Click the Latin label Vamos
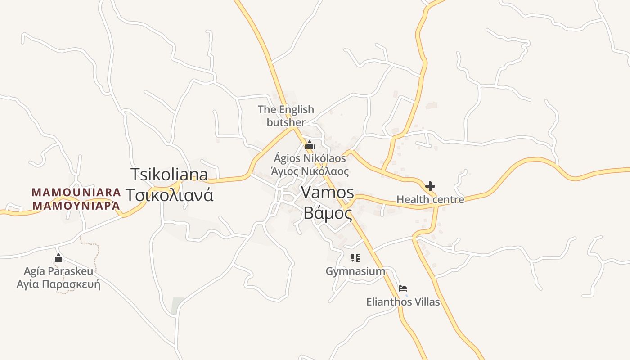327,192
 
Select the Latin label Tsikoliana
169,174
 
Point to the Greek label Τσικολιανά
169,195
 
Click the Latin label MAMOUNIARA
76,193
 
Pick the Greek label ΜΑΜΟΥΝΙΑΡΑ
76,206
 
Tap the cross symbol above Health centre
430,186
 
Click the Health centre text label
430,199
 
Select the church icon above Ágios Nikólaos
310,145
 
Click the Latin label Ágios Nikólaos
310,158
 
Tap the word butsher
286,122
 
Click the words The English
286,109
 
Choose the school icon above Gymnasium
355,258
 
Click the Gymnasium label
355,271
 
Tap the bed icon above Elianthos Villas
403,288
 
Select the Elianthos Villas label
403,301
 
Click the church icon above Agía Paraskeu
58,258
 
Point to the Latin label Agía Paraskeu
58,271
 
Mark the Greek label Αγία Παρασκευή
58,284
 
